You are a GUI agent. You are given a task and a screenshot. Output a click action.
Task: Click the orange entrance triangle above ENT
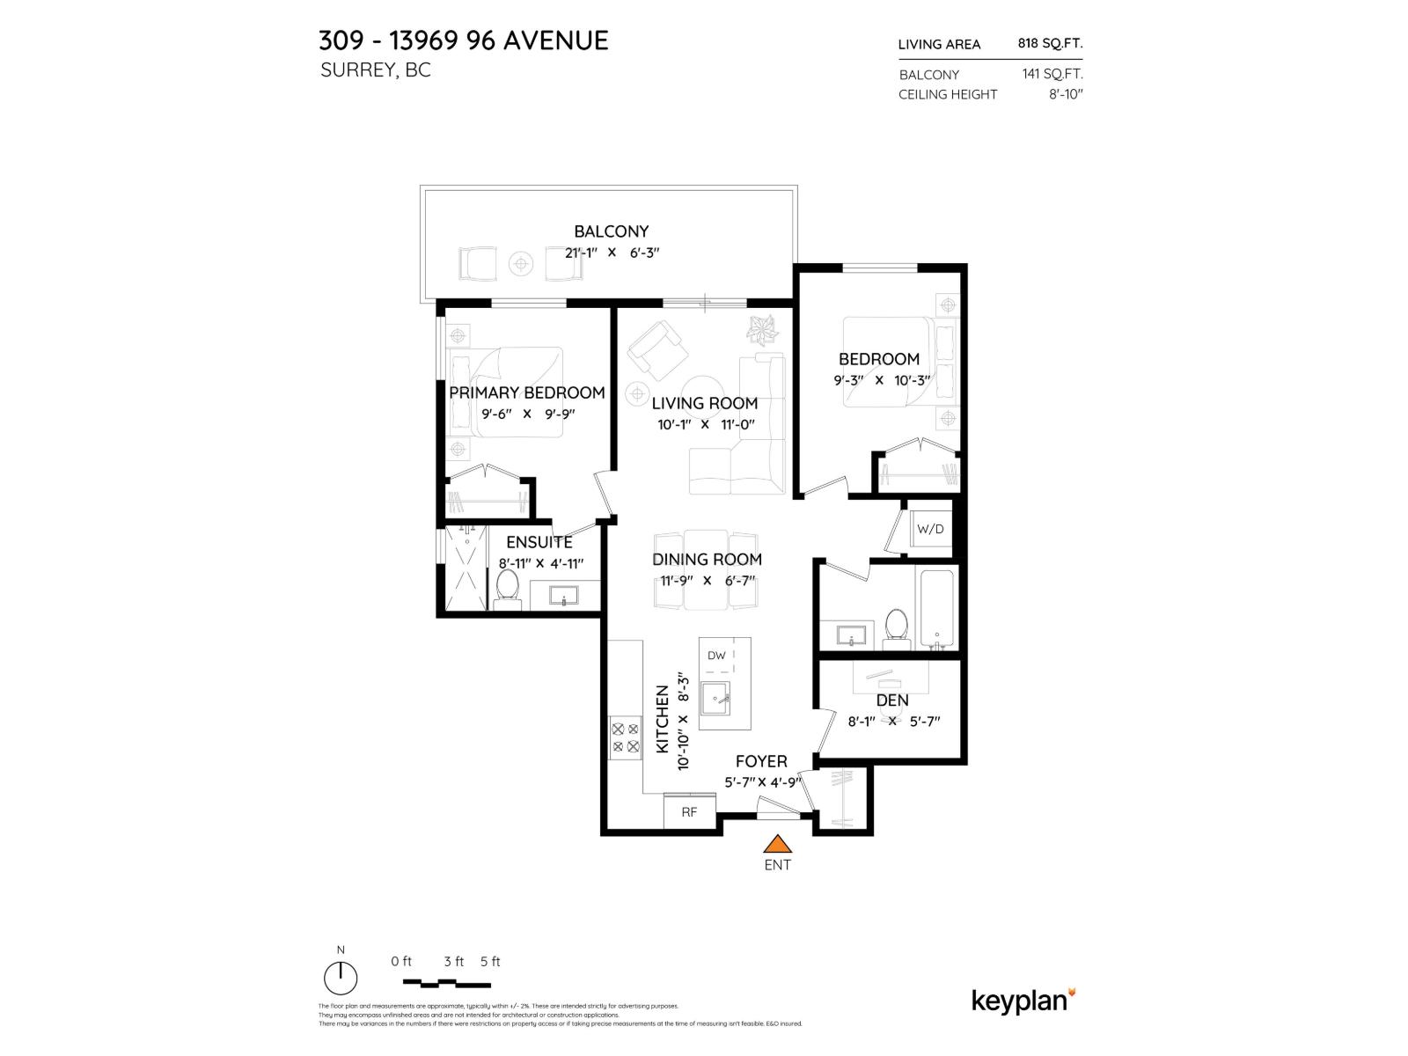(777, 845)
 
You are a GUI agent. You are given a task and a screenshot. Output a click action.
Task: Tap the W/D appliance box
(930, 529)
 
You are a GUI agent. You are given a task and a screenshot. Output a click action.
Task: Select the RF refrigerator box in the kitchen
(689, 811)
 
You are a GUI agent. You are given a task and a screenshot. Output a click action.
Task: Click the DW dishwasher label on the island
(716, 656)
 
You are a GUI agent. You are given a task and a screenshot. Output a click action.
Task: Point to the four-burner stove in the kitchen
(626, 737)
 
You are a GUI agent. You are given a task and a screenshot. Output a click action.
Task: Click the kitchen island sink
(715, 700)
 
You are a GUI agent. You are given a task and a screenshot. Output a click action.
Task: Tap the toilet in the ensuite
(508, 587)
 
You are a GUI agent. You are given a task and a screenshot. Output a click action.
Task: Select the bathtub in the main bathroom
(936, 609)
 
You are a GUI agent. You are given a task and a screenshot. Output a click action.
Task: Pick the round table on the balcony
(522, 263)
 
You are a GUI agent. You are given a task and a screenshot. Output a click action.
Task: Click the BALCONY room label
(611, 231)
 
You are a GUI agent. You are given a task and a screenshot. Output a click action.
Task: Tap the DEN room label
(892, 700)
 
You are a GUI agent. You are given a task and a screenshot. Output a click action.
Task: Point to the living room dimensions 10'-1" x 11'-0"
(706, 424)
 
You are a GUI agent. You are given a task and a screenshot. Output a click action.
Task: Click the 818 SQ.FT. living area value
(1050, 43)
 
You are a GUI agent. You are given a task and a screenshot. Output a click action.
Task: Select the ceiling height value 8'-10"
(1065, 94)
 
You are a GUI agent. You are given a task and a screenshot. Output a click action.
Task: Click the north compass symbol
(341, 977)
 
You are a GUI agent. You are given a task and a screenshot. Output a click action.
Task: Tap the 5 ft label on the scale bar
(490, 962)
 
